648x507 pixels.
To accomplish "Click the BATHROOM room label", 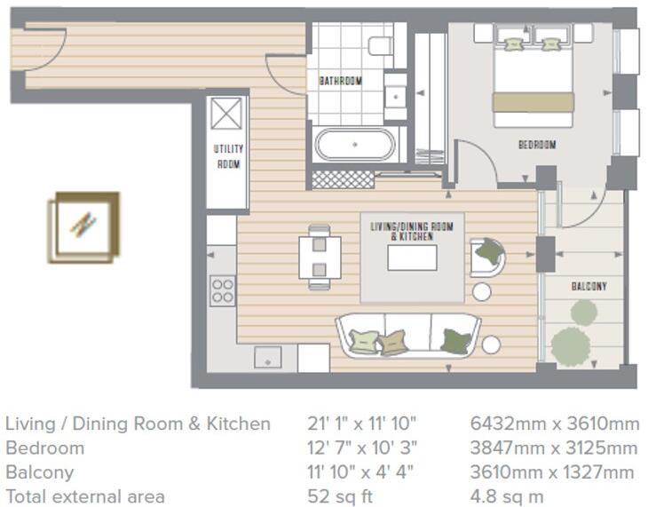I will tap(341, 82).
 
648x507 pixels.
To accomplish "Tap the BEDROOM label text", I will tap(537, 145).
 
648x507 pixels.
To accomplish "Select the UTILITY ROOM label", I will tap(228, 156).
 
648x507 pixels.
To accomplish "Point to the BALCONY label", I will tap(589, 287).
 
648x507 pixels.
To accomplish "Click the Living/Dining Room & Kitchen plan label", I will tap(411, 232).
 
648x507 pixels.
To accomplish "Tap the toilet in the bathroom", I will tap(381, 45).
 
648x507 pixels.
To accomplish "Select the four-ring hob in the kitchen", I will tap(222, 290).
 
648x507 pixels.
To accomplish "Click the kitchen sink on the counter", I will tap(267, 356).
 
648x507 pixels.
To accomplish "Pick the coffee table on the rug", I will tap(412, 257).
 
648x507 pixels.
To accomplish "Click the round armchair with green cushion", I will tap(487, 256).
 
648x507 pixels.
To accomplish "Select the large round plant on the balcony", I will tap(570, 345).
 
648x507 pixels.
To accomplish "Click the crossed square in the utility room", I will tap(226, 115).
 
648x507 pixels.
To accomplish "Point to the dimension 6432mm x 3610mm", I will tap(553, 424).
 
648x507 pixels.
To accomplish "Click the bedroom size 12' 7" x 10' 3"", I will tap(360, 448).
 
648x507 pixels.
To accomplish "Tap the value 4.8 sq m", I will tap(506, 496).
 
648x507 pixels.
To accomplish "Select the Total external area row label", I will tap(84, 496).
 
